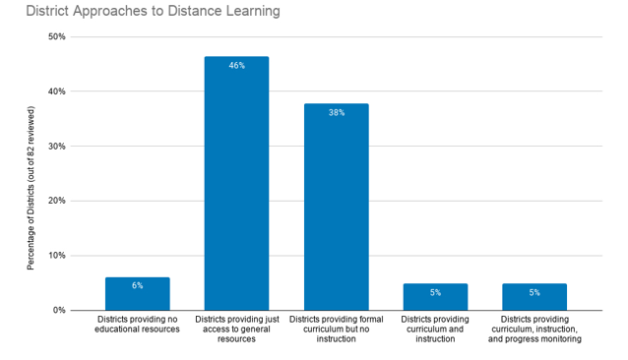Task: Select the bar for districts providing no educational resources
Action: [137, 294]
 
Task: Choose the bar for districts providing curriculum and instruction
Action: [435, 297]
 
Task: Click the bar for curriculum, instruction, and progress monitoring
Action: [534, 297]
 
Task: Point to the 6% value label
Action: [137, 285]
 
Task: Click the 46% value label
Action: [236, 65]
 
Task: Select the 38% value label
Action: [336, 112]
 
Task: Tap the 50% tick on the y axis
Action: [56, 37]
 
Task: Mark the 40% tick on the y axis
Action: [56, 91]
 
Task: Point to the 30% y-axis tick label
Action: [56, 147]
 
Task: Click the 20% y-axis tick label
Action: [56, 201]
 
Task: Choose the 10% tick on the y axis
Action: [56, 256]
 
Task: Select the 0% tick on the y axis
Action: [59, 310]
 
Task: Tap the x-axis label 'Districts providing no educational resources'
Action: [137, 325]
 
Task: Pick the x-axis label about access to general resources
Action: [236, 330]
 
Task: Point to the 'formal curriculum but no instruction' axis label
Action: [336, 330]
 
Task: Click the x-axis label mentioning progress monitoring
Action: [534, 330]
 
